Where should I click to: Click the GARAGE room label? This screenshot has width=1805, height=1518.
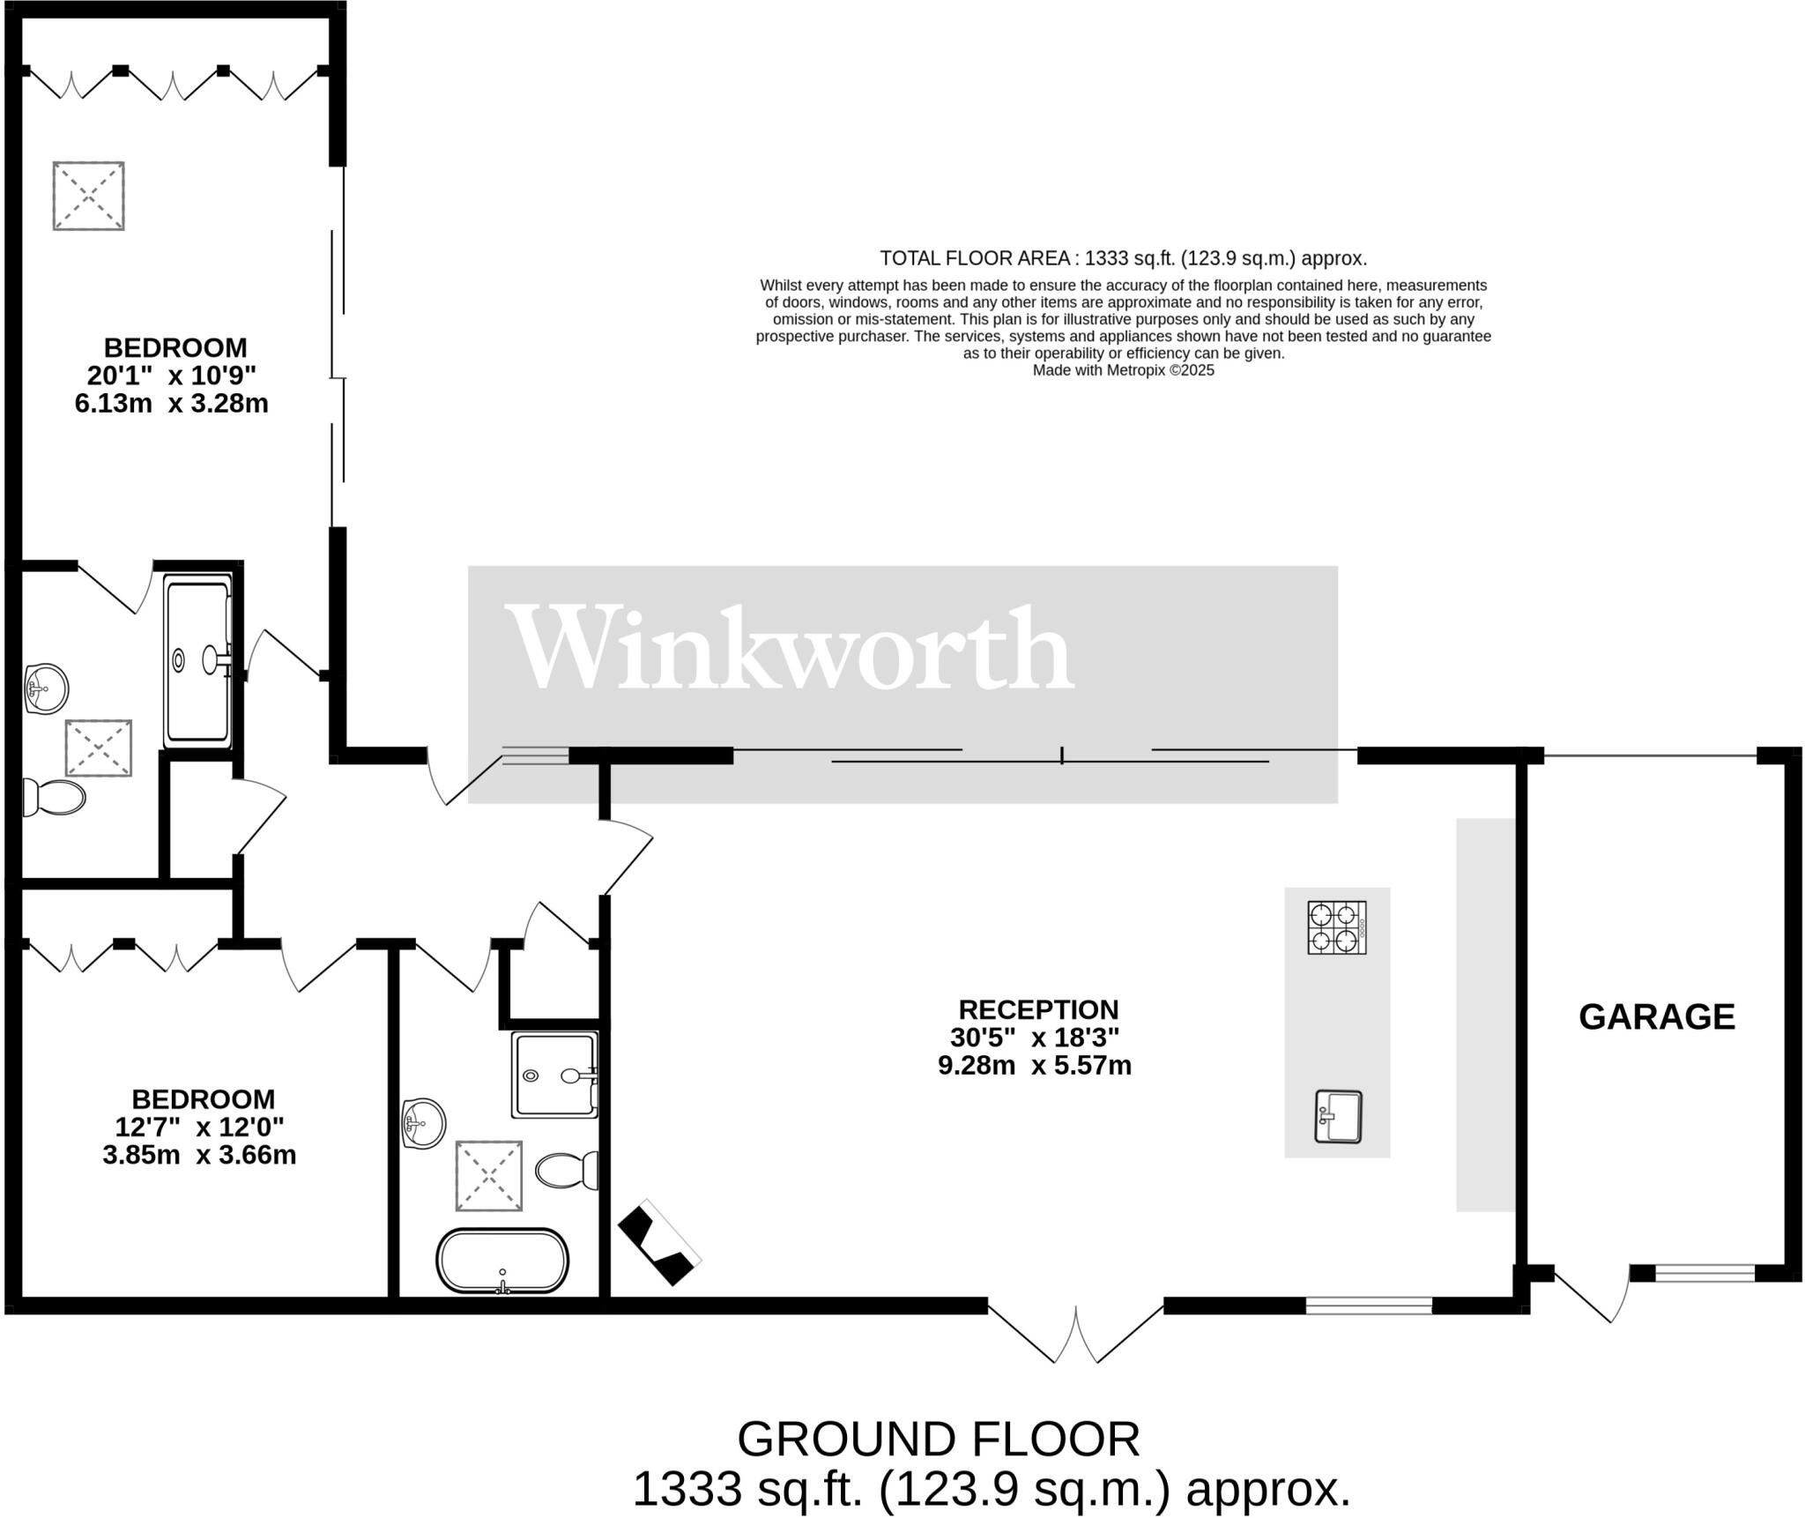tap(1657, 1017)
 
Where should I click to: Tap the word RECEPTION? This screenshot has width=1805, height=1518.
tap(1039, 1009)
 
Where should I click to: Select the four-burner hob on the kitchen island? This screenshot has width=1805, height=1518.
tap(1337, 927)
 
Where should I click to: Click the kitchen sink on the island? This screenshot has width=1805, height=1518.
tap(1339, 1117)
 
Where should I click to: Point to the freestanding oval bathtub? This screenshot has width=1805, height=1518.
tap(502, 1261)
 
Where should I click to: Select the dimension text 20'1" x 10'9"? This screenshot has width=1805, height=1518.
tap(172, 376)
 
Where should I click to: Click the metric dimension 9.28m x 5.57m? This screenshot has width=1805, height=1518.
tap(1035, 1066)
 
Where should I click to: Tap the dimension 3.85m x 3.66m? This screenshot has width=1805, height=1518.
tap(199, 1155)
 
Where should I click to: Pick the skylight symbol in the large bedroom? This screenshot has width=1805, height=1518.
tap(88, 196)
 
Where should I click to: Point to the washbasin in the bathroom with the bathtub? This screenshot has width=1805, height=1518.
tap(424, 1124)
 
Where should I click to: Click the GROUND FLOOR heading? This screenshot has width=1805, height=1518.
tap(939, 1440)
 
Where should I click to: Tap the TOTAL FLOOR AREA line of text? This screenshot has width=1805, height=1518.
tap(1123, 258)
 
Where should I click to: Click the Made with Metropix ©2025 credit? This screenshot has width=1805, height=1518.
tap(1124, 370)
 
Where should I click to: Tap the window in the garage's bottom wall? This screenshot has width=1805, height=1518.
tap(1705, 1273)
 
